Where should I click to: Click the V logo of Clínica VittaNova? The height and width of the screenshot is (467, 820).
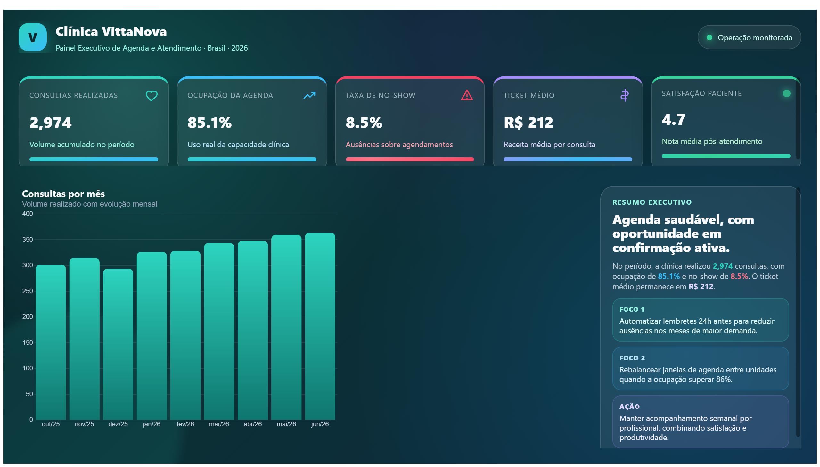point(32,37)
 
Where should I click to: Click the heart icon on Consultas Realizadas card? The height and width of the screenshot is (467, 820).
point(152,96)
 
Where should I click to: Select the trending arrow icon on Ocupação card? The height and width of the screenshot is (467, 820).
point(309,95)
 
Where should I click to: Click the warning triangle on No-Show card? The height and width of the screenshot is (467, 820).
point(467,95)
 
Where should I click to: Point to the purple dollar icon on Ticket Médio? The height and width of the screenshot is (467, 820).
point(624,95)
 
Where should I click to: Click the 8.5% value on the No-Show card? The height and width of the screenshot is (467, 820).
point(364,123)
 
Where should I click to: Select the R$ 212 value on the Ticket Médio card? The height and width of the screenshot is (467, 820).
point(529,123)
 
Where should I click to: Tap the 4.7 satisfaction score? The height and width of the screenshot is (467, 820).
point(673,119)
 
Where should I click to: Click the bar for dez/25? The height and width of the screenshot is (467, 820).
point(118,344)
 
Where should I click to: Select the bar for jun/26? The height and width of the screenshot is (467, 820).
point(320,326)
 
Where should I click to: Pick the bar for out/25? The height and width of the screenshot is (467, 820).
point(51,342)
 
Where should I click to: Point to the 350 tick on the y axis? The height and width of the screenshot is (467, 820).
point(27,240)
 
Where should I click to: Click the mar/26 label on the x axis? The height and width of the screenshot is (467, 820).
point(219,424)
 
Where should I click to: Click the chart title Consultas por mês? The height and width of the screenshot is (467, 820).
point(63,194)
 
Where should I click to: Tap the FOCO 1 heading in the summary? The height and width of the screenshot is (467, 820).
point(631,309)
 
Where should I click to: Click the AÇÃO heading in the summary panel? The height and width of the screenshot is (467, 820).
point(629,406)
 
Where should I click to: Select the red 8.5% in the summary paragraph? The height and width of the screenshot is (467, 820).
point(739,276)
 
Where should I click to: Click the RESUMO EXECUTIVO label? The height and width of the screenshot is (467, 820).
point(652,202)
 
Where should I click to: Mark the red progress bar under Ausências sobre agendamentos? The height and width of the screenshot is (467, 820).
point(409,159)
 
